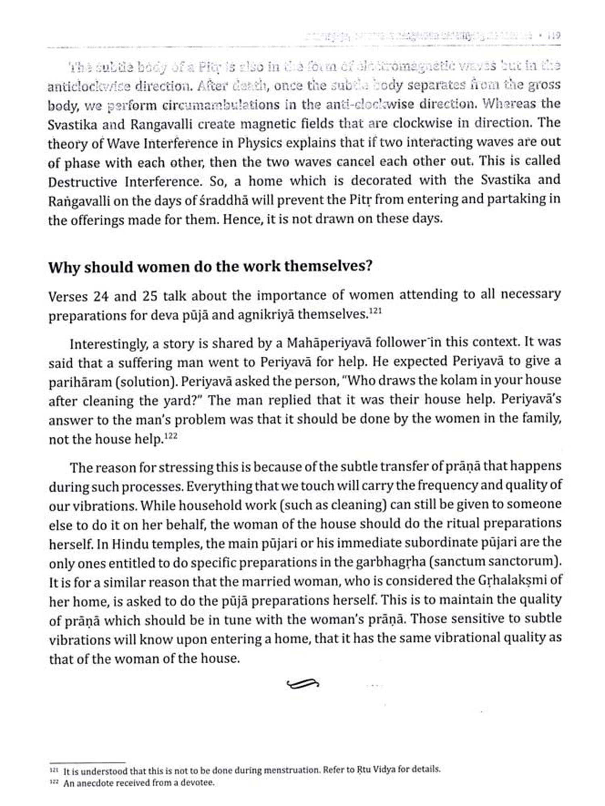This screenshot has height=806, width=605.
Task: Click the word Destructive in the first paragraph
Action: [83, 182]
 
